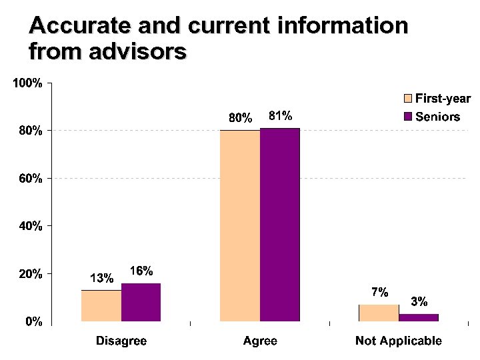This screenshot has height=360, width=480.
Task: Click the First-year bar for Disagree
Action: (x=101, y=307)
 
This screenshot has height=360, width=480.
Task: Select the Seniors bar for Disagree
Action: (x=141, y=303)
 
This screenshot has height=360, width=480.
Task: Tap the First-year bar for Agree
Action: (x=240, y=227)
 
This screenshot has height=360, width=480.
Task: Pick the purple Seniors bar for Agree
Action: (x=279, y=225)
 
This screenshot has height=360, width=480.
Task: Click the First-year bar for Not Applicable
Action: (x=379, y=314)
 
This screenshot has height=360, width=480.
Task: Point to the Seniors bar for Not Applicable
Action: (x=418, y=318)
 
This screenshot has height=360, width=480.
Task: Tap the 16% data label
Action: (x=141, y=271)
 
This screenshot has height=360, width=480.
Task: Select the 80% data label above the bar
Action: (x=241, y=118)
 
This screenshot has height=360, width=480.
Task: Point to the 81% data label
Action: (x=280, y=115)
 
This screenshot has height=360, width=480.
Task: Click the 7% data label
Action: (x=379, y=292)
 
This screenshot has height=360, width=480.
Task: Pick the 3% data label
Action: (x=419, y=301)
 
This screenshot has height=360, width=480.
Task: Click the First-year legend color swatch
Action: (x=408, y=99)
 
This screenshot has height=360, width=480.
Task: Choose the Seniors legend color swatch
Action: (x=408, y=117)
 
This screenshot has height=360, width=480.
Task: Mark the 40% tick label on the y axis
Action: (x=31, y=227)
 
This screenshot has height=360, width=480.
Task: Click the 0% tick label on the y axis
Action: (x=33, y=322)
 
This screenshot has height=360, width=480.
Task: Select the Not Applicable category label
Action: (x=398, y=341)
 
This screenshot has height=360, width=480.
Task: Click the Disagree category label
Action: (x=121, y=341)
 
